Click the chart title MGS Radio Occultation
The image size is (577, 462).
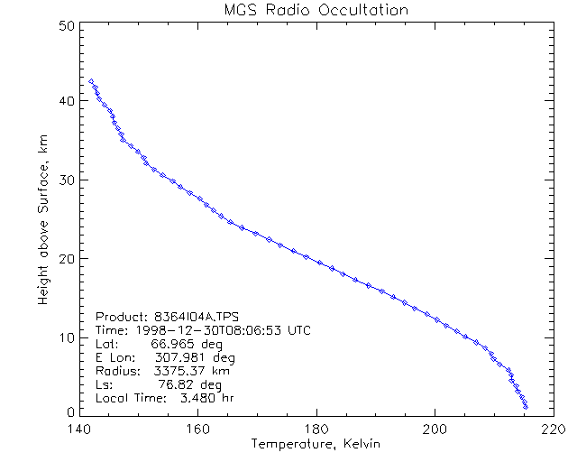coord(316,11)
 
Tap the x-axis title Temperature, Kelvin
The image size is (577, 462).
coord(316,445)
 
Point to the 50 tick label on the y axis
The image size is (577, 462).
coord(65,24)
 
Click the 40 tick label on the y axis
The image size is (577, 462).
coord(65,101)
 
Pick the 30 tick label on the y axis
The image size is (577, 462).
coord(65,180)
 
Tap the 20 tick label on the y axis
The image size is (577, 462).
coord(65,258)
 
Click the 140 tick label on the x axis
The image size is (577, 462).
coord(78,430)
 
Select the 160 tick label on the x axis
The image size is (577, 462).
coord(197,430)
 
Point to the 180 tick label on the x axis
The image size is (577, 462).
coord(316,430)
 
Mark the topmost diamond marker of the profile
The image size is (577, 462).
coord(91,81)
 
